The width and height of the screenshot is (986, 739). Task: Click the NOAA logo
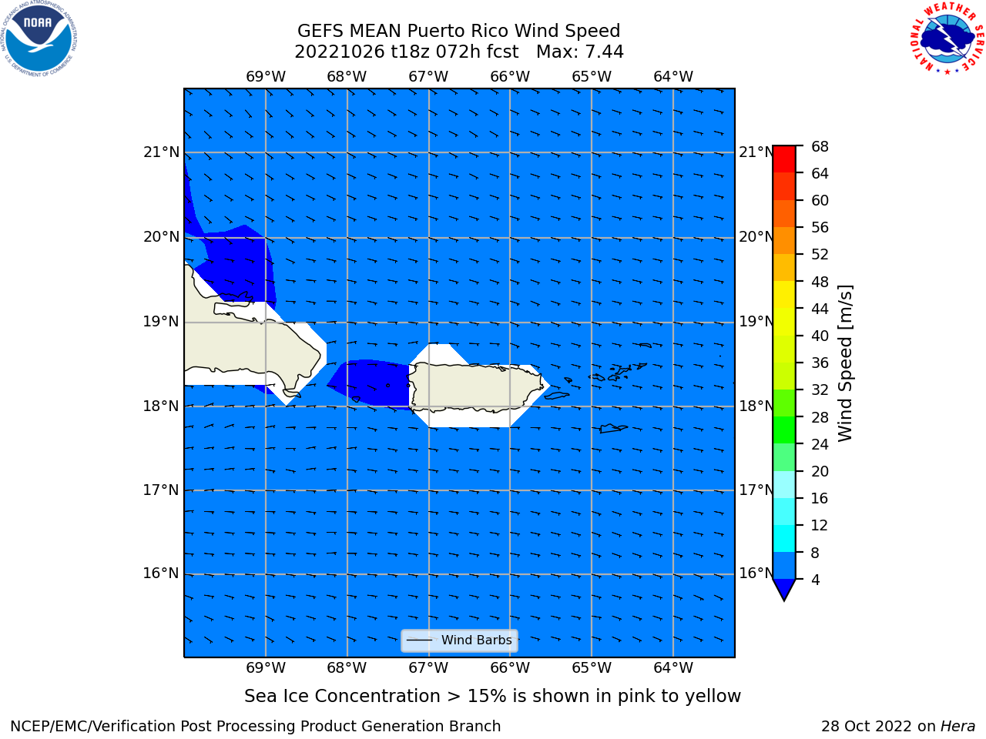pyautogui.click(x=39, y=39)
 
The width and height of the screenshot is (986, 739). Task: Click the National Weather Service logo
pyautogui.click(x=947, y=38)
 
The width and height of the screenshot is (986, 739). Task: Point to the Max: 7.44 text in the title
pyautogui.click(x=579, y=52)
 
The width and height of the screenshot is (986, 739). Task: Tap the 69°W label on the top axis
pyautogui.click(x=266, y=77)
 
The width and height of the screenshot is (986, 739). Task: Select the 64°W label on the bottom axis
pyautogui.click(x=673, y=667)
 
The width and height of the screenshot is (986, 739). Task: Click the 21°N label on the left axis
pyautogui.click(x=161, y=152)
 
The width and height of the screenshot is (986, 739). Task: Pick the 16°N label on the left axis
pyautogui.click(x=161, y=573)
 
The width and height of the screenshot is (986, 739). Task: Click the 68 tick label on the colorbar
pyautogui.click(x=820, y=147)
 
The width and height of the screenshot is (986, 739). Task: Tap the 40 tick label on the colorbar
pyautogui.click(x=820, y=336)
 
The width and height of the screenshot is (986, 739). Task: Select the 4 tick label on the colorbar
pyautogui.click(x=815, y=580)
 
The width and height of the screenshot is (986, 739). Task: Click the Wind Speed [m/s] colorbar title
pyautogui.click(x=845, y=363)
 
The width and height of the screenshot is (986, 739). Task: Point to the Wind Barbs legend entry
pyautogui.click(x=459, y=640)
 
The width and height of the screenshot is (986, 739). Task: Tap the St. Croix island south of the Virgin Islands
pyautogui.click(x=613, y=429)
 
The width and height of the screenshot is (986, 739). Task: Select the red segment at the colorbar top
pyautogui.click(x=784, y=159)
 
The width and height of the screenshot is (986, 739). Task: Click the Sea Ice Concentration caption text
pyautogui.click(x=492, y=697)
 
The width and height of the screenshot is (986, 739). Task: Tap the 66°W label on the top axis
pyautogui.click(x=510, y=77)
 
